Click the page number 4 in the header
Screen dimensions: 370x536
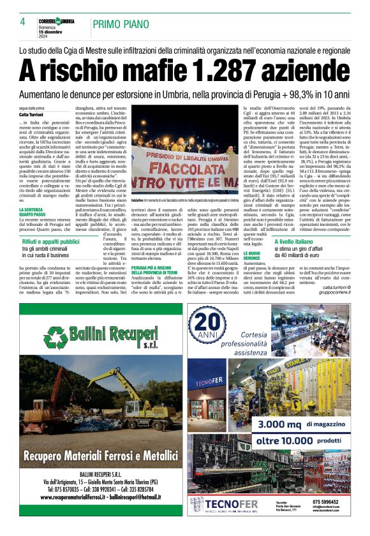[22, 22]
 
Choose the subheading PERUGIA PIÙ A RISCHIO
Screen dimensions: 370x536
[157, 270]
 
